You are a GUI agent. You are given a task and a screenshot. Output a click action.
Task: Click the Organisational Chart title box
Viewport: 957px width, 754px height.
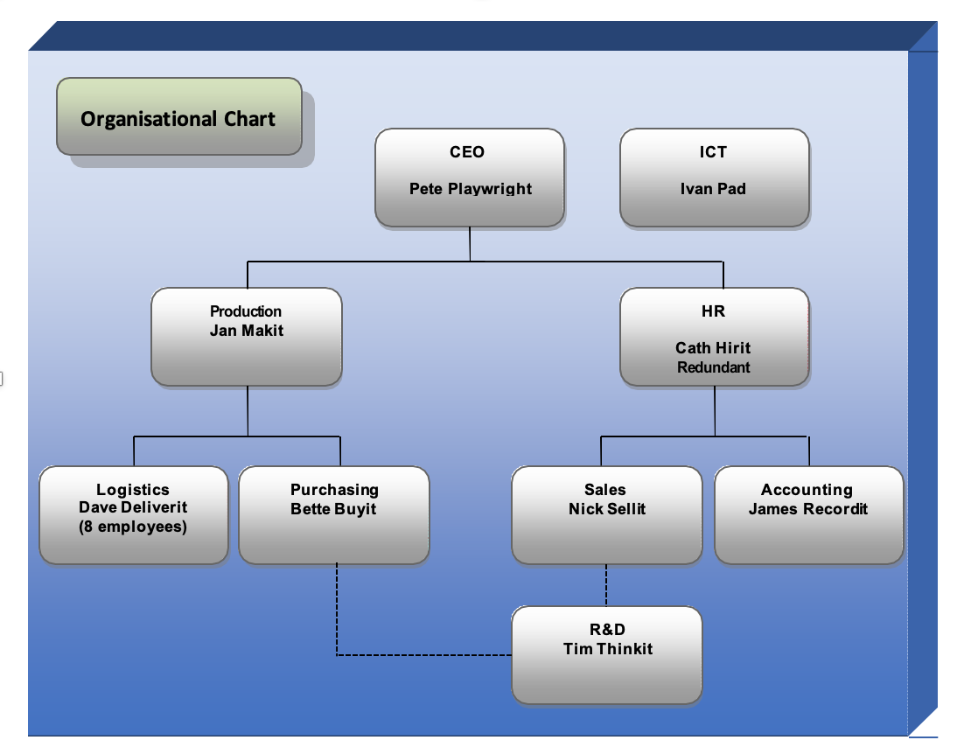point(178,118)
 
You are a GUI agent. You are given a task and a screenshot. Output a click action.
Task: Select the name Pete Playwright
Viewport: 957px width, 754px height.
point(470,189)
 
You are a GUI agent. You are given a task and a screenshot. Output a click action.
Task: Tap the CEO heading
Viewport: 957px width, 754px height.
point(467,152)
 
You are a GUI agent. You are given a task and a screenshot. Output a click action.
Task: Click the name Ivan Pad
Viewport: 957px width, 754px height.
point(713,189)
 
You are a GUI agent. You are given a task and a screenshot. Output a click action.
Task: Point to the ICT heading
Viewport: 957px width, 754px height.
point(713,152)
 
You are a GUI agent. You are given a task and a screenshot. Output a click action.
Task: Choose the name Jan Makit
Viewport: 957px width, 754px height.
point(246,331)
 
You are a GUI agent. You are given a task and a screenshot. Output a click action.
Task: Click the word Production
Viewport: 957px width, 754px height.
point(246,311)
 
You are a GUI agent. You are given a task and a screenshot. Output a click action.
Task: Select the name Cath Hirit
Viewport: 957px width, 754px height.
point(713,348)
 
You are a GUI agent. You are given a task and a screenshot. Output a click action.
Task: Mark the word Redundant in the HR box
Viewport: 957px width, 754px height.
point(713,367)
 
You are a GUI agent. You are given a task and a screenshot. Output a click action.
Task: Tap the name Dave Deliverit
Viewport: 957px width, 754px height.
point(133,508)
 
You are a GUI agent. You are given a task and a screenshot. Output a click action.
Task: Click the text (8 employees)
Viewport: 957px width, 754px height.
point(133,527)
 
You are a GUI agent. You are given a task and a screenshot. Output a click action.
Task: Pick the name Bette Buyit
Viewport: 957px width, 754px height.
point(333,509)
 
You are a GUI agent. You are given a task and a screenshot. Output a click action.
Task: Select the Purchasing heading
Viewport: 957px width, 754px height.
point(334,490)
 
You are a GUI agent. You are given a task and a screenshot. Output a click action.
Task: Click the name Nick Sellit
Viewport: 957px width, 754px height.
point(606,509)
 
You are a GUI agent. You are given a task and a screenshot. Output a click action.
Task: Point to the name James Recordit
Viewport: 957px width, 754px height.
point(807,509)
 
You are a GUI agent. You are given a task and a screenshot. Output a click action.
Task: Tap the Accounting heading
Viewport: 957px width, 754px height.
point(807,490)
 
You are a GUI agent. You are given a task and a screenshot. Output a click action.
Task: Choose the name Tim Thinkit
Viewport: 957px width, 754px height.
point(608,649)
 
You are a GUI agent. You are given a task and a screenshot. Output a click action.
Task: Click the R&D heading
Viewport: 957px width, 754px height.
point(607,630)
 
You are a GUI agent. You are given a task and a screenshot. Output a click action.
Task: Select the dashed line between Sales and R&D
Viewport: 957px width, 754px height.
point(606,585)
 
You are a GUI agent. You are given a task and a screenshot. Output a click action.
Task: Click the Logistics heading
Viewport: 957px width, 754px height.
point(133,490)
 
